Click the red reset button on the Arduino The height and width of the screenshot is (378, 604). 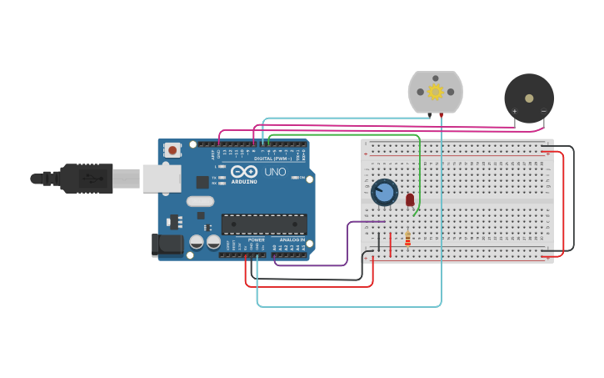pos(172,150)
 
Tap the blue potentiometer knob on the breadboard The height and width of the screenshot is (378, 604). pos(384,192)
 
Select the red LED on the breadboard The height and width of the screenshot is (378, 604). pos(410,199)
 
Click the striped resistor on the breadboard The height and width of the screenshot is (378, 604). pos(407,239)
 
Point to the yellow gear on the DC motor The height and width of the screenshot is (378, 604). pos(435,91)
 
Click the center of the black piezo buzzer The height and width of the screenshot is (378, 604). pos(529,98)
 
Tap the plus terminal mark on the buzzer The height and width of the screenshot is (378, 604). pos(514,111)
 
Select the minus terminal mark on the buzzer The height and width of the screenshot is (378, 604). pos(543,111)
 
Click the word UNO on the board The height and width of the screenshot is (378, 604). pos(275,172)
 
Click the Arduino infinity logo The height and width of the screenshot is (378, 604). pos(244,171)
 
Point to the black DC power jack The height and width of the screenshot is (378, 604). pos(167,244)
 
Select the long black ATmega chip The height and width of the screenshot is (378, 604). pos(263,224)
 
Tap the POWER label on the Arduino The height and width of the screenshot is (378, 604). pos(256,239)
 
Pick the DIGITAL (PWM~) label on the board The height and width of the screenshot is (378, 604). pos(273,158)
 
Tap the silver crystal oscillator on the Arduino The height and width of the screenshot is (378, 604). pos(200,201)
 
